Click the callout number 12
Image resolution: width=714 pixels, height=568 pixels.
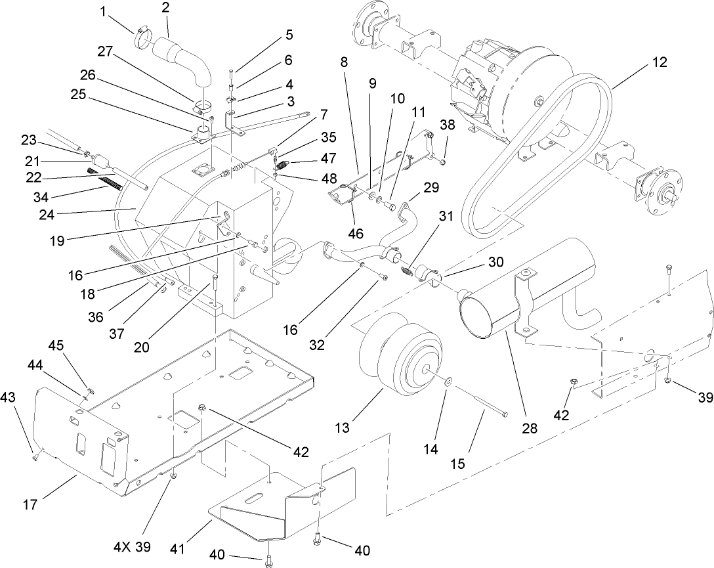coord(660,63)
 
